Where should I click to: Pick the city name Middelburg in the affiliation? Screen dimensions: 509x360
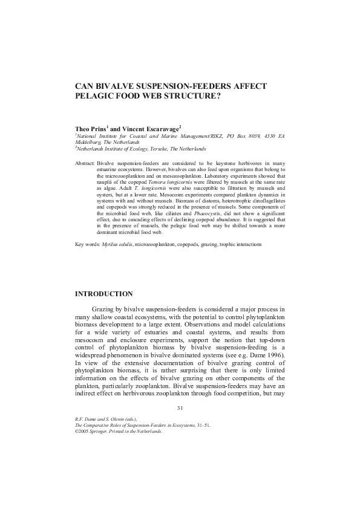click(x=87, y=142)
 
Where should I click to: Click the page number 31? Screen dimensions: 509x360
click(x=180, y=408)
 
